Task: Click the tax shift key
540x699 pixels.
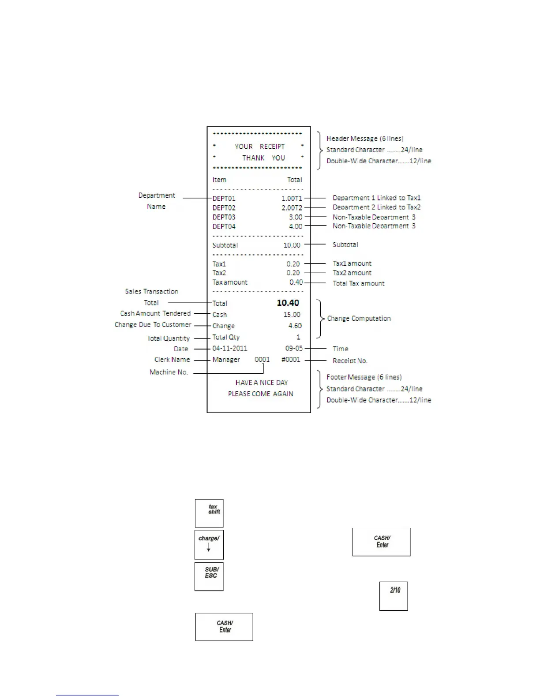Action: point(209,513)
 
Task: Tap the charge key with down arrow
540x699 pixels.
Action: point(209,545)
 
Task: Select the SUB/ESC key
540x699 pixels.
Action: point(209,576)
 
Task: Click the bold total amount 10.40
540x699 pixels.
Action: point(288,303)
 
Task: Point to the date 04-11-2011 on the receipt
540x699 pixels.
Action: point(230,348)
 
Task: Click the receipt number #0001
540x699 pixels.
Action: point(291,359)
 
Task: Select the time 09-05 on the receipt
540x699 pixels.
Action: point(294,348)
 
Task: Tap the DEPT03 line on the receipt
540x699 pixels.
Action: point(224,217)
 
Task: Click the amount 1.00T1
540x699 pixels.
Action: point(292,198)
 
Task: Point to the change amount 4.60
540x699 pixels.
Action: point(295,326)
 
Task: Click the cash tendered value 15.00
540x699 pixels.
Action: point(292,315)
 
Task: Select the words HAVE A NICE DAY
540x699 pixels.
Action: point(261,383)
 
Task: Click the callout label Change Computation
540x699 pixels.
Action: point(359,318)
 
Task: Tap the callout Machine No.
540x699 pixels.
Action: point(169,372)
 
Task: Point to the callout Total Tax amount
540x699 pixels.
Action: point(358,283)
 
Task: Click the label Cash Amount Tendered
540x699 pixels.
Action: point(155,313)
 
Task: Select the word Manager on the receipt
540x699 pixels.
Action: point(226,359)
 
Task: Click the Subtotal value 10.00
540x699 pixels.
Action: point(292,245)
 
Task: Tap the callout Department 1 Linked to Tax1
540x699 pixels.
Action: point(376,198)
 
